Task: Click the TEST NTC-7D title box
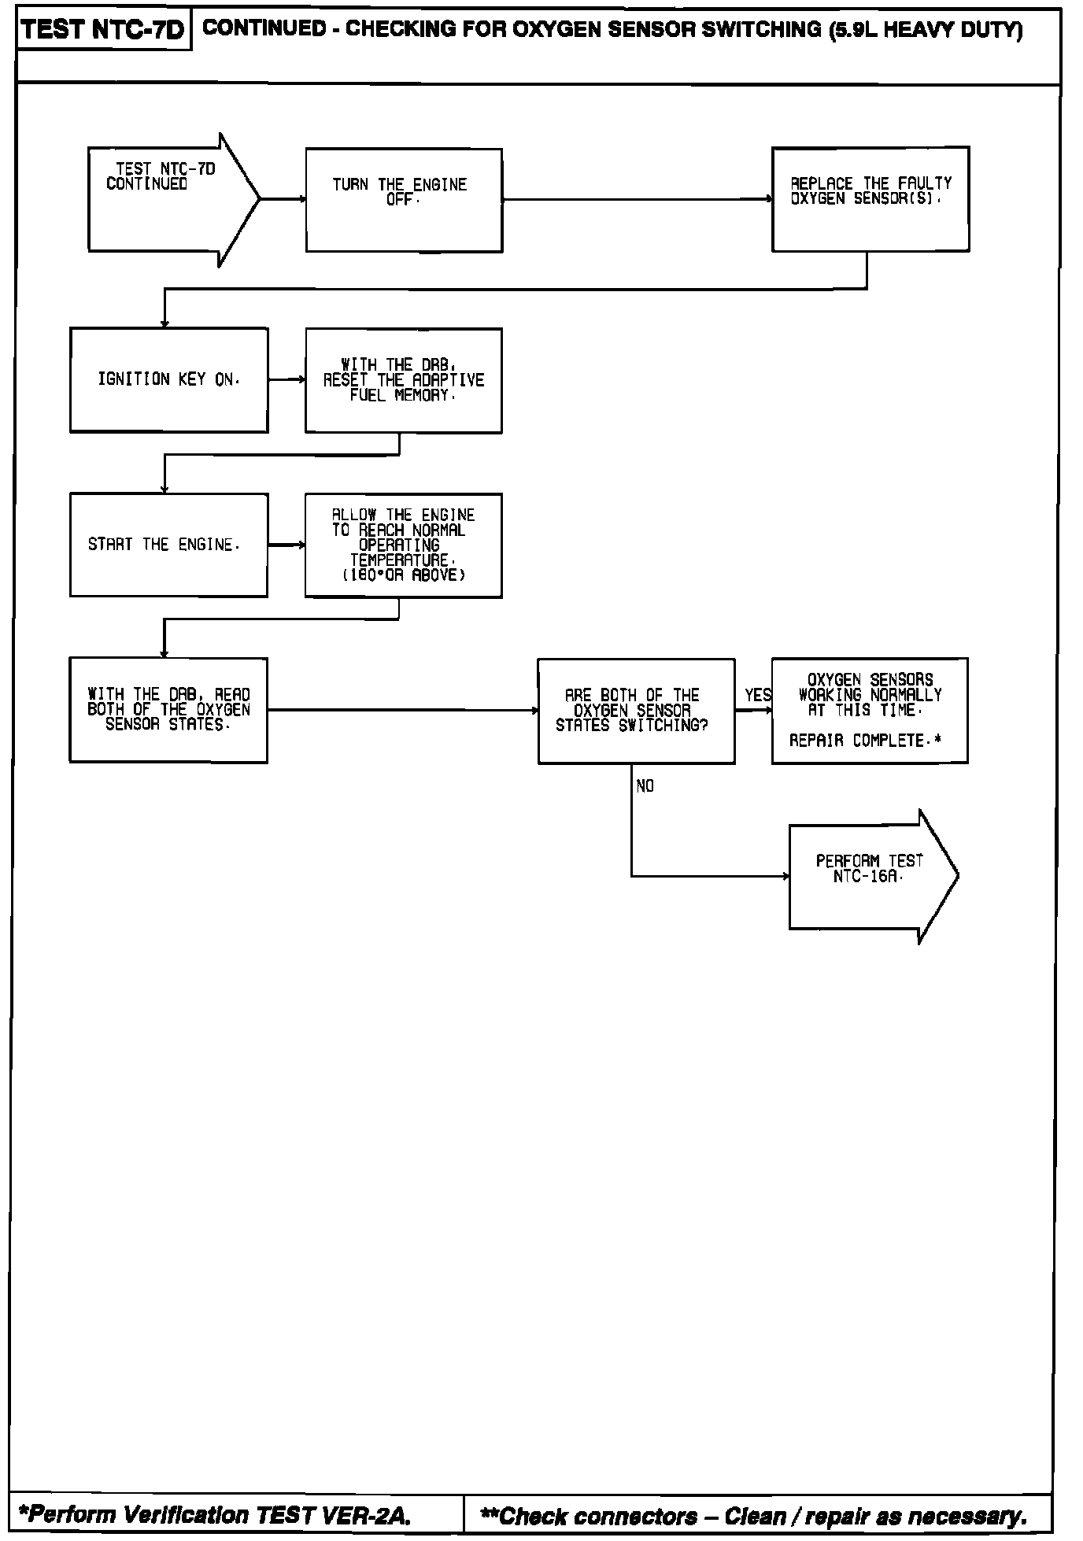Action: click(103, 31)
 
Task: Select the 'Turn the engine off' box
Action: click(404, 200)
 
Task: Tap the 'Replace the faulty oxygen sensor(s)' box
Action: click(870, 199)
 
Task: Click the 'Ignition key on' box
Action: click(168, 380)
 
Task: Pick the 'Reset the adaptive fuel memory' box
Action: click(403, 380)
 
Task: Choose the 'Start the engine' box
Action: click(168, 545)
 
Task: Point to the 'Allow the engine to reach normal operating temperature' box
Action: click(403, 545)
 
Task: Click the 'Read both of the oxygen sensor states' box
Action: click(168, 710)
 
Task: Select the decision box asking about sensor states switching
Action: click(636, 711)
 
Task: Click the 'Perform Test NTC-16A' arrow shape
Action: click(870, 876)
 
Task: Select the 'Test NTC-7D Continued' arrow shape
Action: click(165, 200)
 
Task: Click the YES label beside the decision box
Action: click(758, 696)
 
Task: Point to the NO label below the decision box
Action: click(645, 786)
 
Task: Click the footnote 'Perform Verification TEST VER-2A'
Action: click(215, 1515)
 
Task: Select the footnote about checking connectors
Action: click(753, 1515)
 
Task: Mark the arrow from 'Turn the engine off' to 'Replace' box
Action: click(637, 199)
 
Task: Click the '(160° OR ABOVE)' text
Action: click(403, 575)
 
